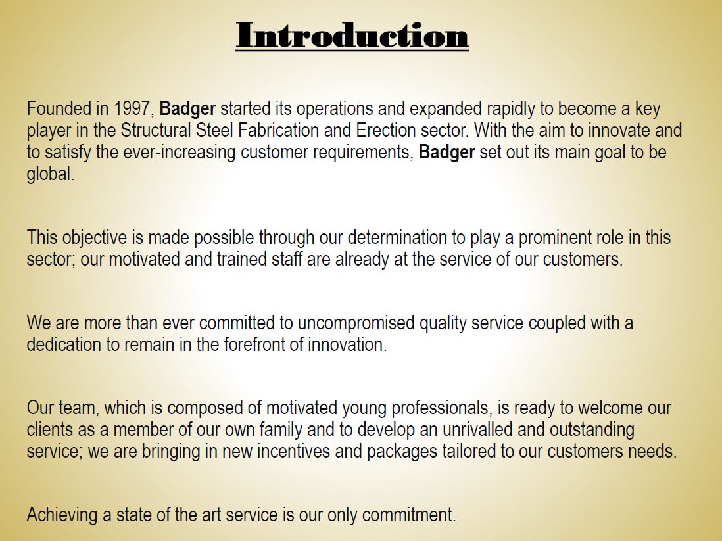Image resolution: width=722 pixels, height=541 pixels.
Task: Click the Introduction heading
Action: (x=352, y=35)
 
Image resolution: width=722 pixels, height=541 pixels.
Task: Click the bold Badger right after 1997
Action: (x=188, y=108)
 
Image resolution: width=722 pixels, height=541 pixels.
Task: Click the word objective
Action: (x=93, y=237)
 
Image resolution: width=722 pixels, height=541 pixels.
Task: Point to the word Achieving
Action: (x=62, y=515)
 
